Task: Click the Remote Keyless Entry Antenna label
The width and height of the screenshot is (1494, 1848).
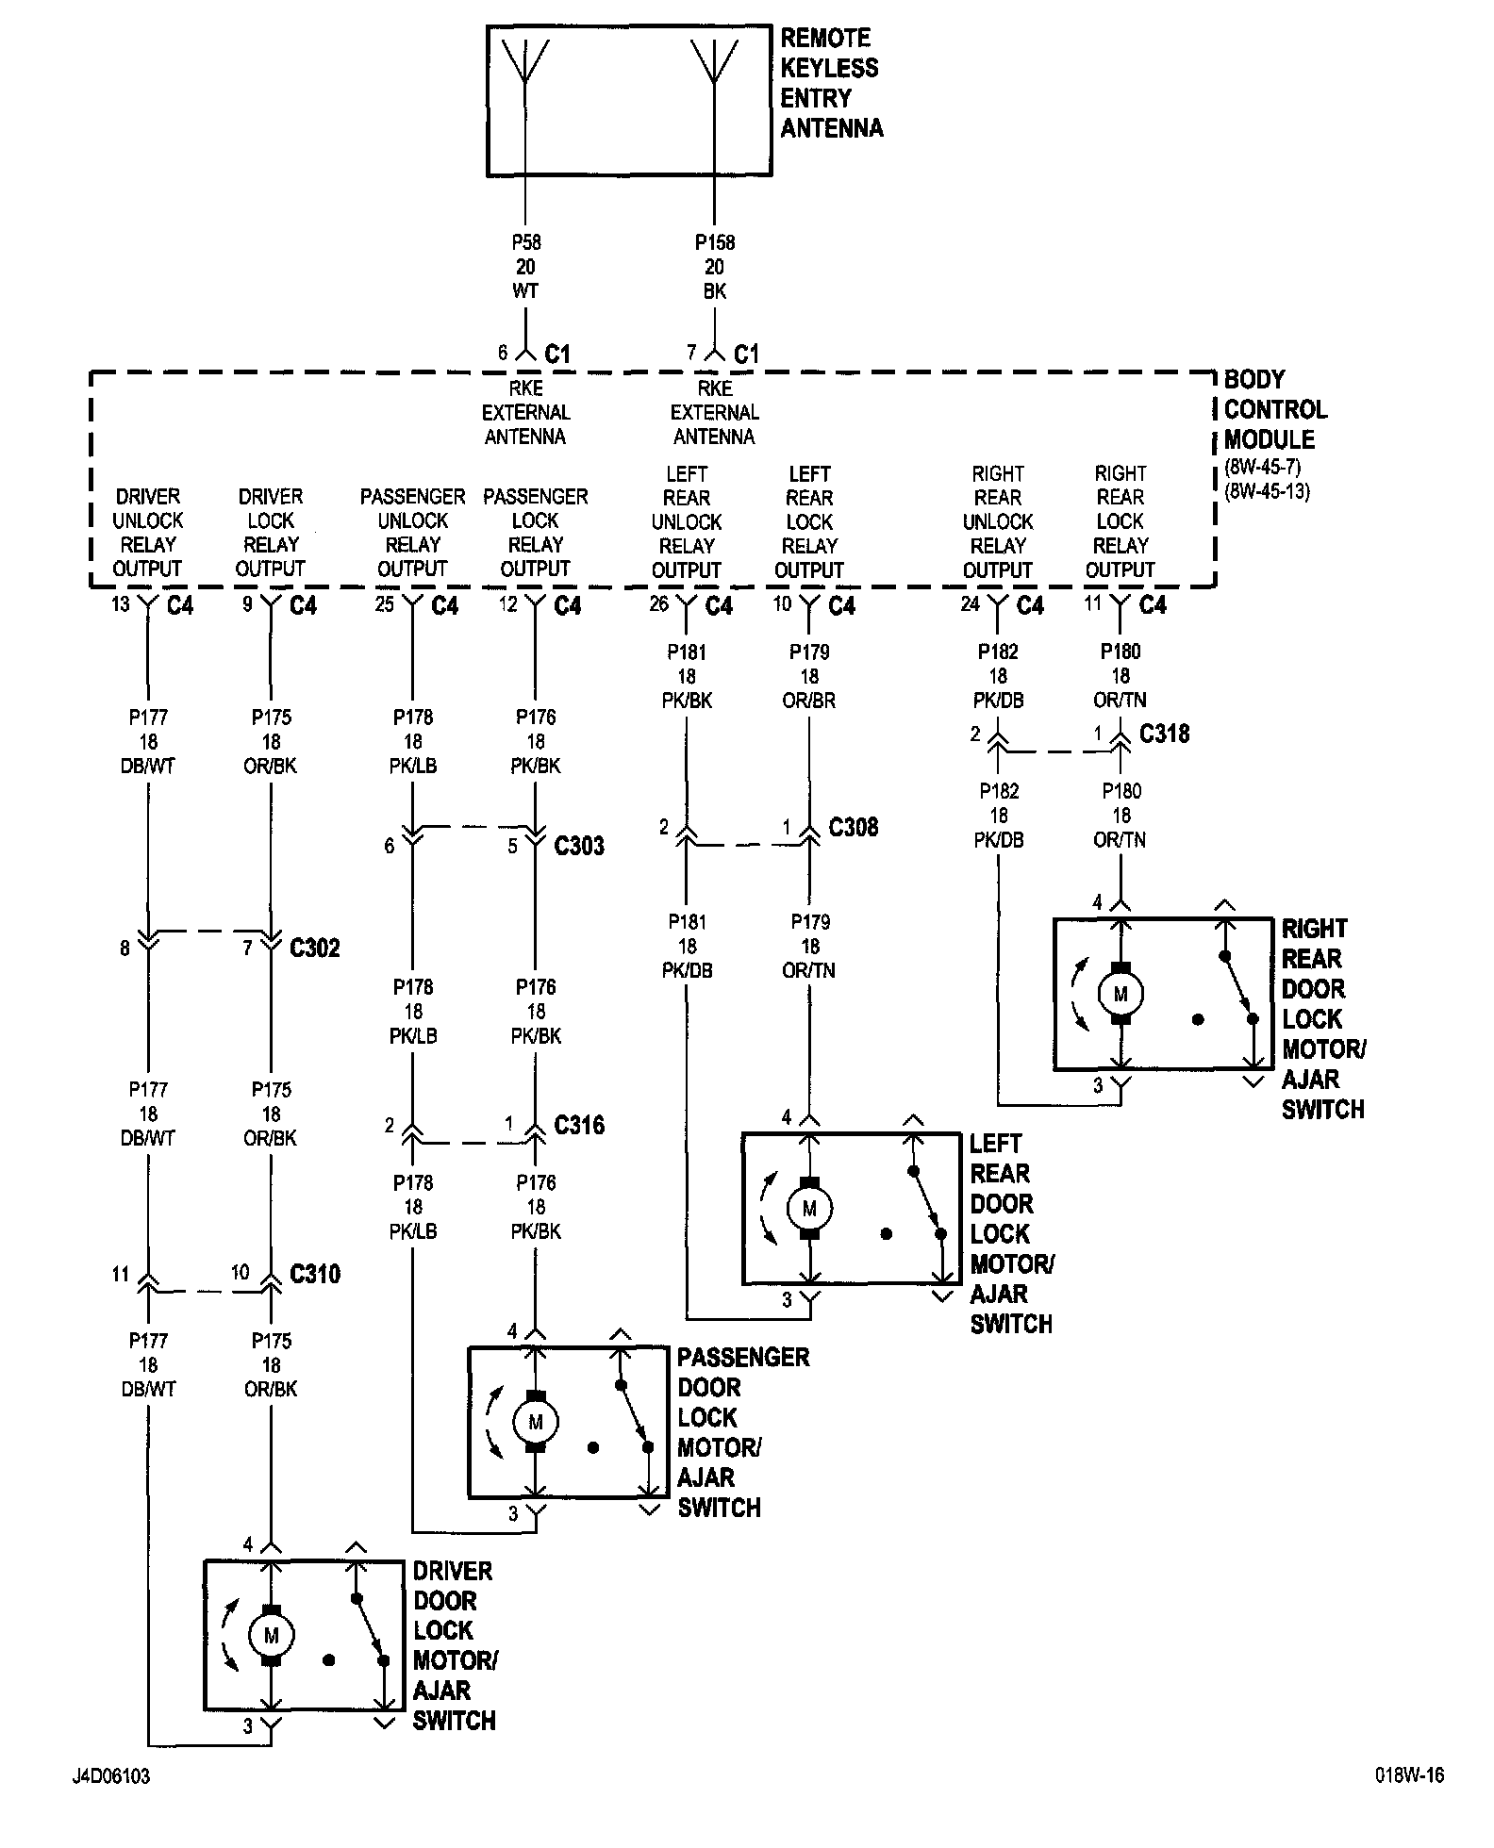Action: pyautogui.click(x=830, y=83)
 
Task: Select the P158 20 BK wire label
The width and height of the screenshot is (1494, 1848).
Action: pyautogui.click(x=715, y=267)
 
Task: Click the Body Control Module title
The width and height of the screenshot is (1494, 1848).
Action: pyautogui.click(x=1274, y=409)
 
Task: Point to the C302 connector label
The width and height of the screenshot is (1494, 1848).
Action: pyautogui.click(x=314, y=948)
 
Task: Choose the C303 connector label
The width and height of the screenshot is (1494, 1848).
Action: pyautogui.click(x=579, y=846)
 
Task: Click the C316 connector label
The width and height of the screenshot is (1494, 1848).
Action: pyautogui.click(x=579, y=1125)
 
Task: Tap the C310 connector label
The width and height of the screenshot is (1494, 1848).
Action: pyautogui.click(x=315, y=1275)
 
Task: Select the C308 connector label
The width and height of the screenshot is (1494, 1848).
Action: pyautogui.click(x=853, y=828)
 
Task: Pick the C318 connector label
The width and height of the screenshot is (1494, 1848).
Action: pyautogui.click(x=1164, y=734)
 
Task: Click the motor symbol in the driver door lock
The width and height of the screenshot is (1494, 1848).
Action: pyautogui.click(x=272, y=1636)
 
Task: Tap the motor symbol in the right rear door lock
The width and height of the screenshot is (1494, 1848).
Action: pyautogui.click(x=1120, y=994)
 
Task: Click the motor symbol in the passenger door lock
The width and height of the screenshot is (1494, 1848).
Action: pyautogui.click(x=536, y=1422)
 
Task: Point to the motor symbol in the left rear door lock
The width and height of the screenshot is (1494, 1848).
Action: pyautogui.click(x=809, y=1208)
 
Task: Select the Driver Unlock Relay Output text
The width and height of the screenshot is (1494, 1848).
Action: pyautogui.click(x=148, y=533)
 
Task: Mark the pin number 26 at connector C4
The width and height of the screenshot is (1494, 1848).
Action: pyautogui.click(x=658, y=603)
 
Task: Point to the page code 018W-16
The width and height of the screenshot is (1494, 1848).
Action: pyautogui.click(x=1408, y=1776)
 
